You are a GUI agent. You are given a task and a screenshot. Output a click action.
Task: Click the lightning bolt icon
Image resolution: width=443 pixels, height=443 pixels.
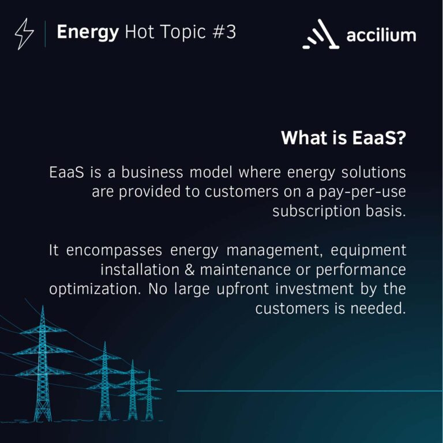(24, 34)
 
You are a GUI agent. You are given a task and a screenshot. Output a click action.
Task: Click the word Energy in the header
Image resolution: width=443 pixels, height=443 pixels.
(87, 32)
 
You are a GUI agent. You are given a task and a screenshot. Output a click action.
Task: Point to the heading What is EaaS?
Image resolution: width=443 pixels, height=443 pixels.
(343, 139)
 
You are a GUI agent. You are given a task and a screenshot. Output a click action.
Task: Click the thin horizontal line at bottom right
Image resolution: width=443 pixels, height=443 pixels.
(309, 391)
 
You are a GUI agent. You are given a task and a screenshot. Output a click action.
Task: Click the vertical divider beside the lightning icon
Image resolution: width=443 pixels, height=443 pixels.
(45, 34)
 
